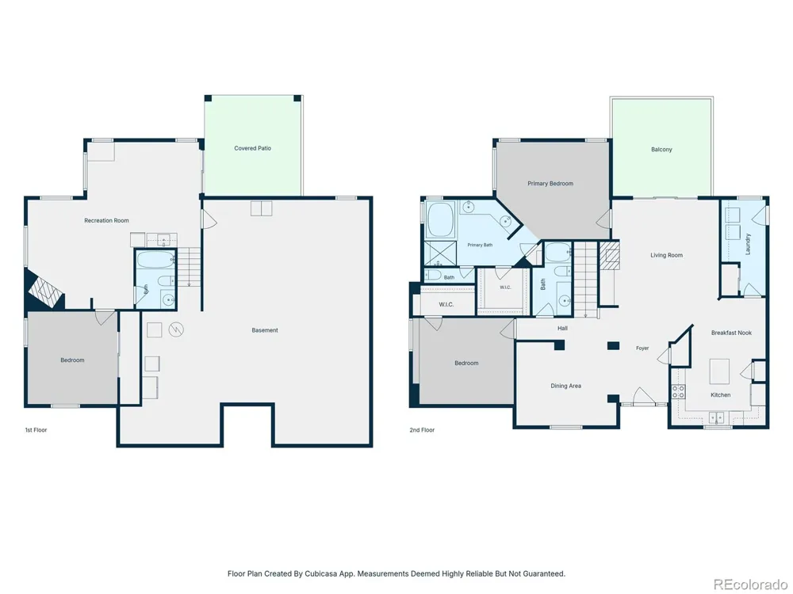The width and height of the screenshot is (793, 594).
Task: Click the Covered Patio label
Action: [252, 148]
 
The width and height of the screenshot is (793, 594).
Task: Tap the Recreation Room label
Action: [106, 220]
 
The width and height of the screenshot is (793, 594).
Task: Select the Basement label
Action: [265, 330]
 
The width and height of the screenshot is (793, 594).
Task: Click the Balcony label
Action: [661, 150]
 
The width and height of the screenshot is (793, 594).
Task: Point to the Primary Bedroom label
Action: [550, 184]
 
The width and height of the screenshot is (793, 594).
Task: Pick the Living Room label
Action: [667, 255]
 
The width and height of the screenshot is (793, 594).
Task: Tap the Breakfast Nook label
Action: [731, 333]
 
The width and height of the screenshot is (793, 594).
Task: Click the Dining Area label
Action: [566, 386]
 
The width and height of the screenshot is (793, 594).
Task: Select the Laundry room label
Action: [748, 243]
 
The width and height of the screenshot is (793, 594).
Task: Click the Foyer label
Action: [642, 348]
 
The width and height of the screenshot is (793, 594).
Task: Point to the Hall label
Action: [562, 329]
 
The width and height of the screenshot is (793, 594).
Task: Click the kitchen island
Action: [720, 371]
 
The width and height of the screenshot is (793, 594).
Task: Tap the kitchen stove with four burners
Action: [678, 391]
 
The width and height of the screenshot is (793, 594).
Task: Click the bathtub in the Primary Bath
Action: [440, 219]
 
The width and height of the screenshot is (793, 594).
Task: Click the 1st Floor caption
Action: [36, 430]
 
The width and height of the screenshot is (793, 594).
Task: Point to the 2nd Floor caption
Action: [422, 430]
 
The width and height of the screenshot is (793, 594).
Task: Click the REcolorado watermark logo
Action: [749, 584]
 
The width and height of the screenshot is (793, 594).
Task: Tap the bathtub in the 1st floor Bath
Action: [155, 261]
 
